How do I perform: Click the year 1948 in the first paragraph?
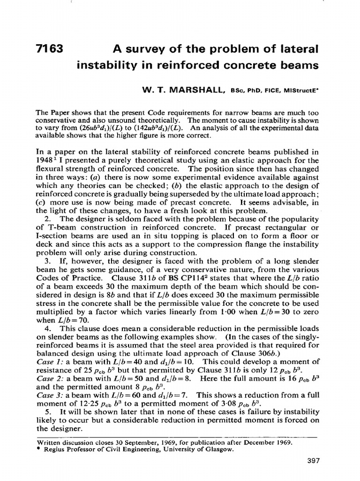[46, 160]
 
